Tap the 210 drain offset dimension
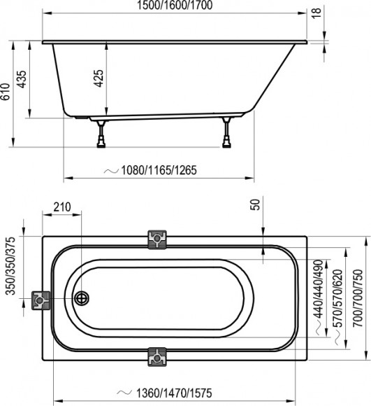[63, 207]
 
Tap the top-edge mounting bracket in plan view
[157, 239]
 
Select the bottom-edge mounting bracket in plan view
[157, 358]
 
